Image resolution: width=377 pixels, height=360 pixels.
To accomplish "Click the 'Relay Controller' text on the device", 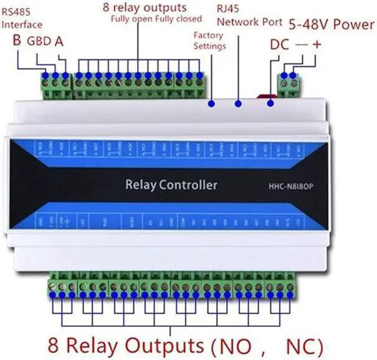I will (171, 186).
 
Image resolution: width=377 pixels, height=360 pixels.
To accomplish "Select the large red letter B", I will (18, 41).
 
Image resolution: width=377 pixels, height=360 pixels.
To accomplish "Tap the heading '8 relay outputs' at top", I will (144, 8).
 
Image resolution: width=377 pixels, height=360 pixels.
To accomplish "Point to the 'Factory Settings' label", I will (209, 41).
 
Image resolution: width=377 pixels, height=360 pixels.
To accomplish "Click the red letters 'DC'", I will (280, 44).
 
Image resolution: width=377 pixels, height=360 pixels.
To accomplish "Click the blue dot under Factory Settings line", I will (211, 104).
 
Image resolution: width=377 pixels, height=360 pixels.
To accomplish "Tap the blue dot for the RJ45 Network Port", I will (239, 104).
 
